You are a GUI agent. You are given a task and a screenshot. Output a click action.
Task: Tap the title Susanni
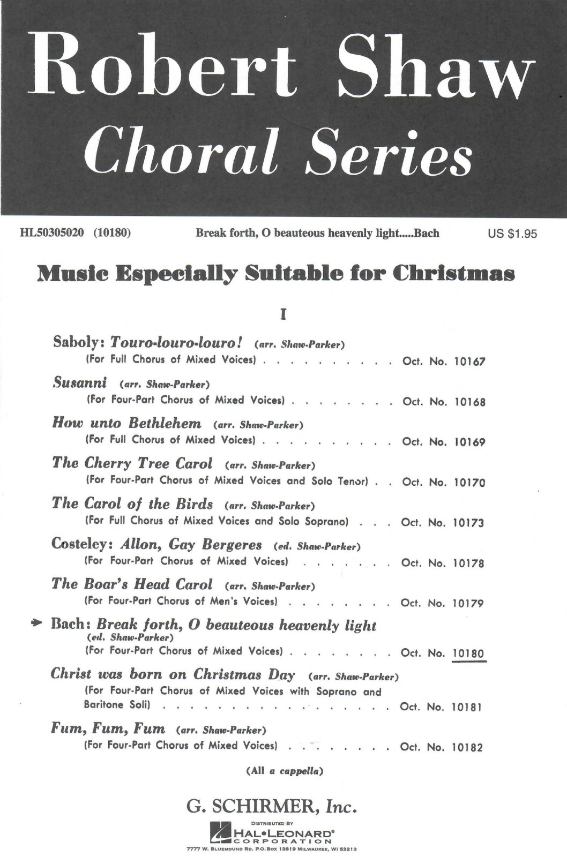[80, 383]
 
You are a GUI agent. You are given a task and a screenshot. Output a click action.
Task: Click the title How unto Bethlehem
[127, 423]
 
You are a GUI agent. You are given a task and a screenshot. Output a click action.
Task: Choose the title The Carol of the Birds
[132, 504]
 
